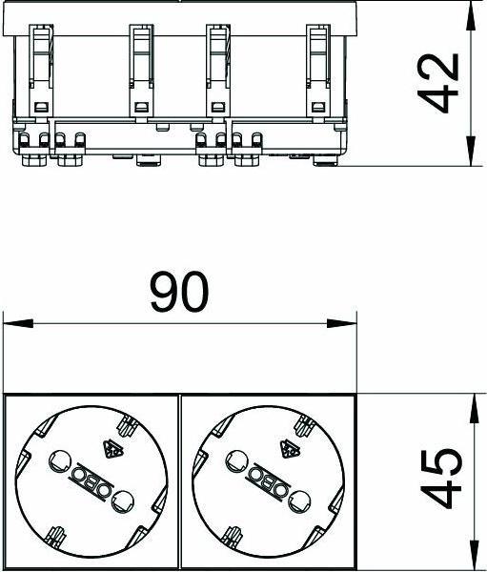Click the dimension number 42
(439, 83)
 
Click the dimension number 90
(178, 293)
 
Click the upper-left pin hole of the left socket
(58, 462)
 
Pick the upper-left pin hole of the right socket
(234, 462)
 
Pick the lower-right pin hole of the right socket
(297, 497)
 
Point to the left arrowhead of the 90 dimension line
(11, 323)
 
